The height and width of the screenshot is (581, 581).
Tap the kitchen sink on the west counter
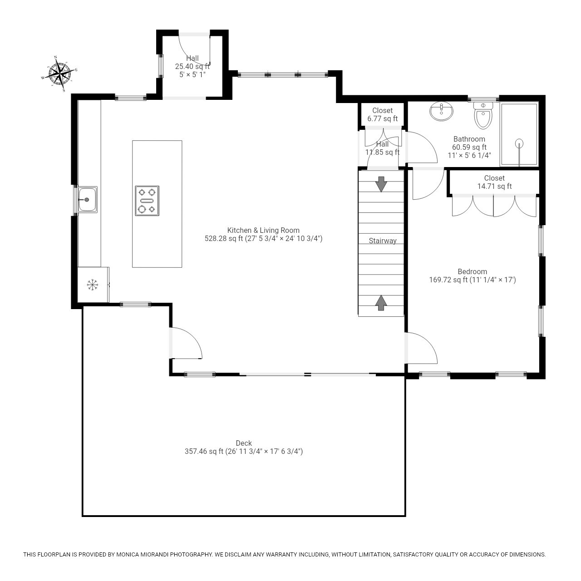(x=86, y=199)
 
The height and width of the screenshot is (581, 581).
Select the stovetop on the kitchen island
(x=147, y=201)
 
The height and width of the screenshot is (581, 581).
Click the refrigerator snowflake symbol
(x=93, y=285)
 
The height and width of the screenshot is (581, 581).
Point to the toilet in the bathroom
(x=483, y=116)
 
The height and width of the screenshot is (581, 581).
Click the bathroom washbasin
(x=441, y=112)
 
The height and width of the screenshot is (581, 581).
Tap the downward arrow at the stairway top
(x=381, y=184)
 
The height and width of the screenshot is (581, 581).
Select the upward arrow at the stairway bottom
(x=381, y=303)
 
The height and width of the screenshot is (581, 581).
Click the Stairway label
(x=382, y=241)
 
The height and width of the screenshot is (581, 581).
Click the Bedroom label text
(x=472, y=272)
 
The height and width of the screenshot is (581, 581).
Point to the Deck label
(x=244, y=443)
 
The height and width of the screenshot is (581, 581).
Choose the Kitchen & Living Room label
(x=263, y=230)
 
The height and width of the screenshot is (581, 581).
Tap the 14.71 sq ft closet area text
(x=494, y=186)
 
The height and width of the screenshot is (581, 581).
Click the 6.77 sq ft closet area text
(x=382, y=119)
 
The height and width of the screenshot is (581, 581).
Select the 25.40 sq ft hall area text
(x=192, y=66)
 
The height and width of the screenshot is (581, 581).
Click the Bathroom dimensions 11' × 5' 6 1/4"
(x=469, y=155)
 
